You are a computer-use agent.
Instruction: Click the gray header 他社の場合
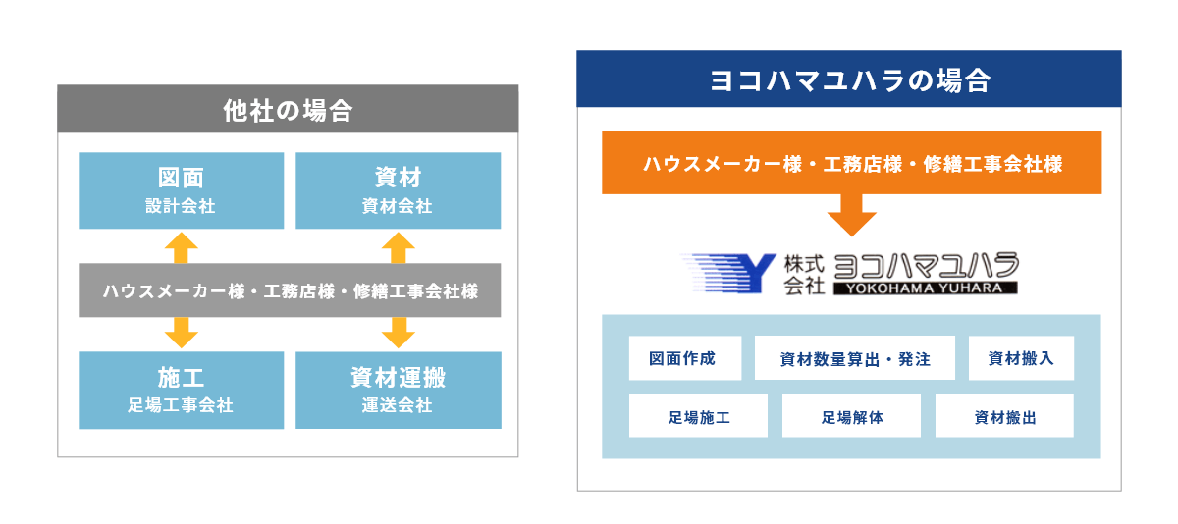288,109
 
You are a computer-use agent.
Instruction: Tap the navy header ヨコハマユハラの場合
849,79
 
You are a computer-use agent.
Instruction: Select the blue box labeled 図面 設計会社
182,190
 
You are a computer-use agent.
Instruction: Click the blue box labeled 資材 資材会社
399,190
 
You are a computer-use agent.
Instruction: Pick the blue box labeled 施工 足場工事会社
182,390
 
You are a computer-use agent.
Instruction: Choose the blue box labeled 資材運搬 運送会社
399,390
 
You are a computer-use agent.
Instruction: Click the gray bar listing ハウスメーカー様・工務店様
290,290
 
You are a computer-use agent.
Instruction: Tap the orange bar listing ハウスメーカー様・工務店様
851,163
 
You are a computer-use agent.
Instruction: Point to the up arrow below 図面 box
182,247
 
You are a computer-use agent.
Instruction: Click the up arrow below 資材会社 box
399,247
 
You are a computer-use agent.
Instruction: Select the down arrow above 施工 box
182,333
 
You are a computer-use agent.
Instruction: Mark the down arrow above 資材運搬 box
399,333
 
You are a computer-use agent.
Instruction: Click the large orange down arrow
851,215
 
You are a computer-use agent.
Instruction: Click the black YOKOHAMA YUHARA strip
925,288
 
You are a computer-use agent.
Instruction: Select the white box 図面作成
685,358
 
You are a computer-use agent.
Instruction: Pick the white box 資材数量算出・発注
855,358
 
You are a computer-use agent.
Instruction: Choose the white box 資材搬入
1021,358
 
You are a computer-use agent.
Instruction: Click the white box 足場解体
851,416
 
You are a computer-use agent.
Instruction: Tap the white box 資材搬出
1004,416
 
